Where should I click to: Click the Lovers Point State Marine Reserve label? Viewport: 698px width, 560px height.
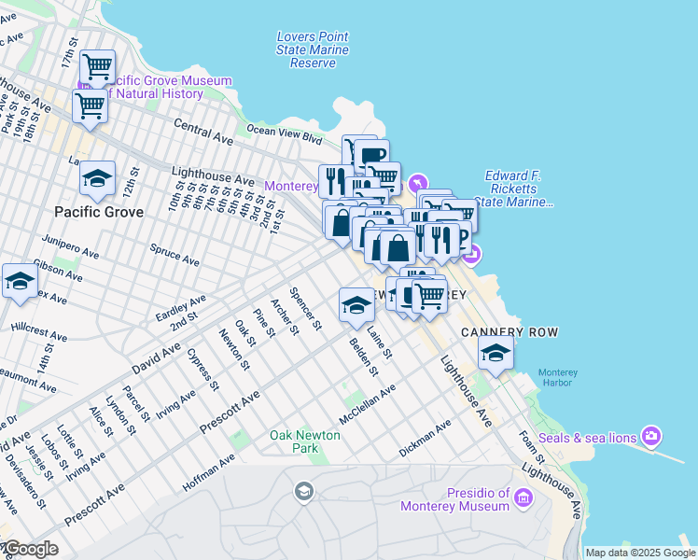(x=313, y=49)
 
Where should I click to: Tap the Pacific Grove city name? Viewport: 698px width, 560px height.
(x=99, y=212)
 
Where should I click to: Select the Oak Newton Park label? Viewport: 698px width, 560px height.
(x=307, y=441)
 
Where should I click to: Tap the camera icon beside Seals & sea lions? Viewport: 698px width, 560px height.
(x=651, y=436)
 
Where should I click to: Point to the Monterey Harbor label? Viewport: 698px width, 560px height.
(x=557, y=378)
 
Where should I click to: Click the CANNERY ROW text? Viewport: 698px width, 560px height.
(x=496, y=332)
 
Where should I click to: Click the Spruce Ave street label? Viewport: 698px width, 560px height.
(x=175, y=255)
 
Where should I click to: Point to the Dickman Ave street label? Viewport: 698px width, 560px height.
(x=425, y=436)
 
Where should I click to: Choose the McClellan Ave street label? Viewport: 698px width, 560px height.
(x=367, y=404)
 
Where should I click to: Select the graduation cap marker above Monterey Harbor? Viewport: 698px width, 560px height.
(x=496, y=352)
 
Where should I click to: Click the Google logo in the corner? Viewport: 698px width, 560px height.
(x=32, y=550)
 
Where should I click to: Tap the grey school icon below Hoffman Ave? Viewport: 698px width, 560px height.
(x=303, y=491)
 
